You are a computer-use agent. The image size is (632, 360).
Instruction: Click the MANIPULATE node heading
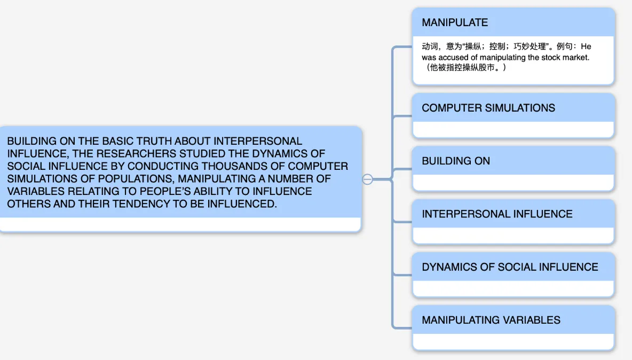point(455,22)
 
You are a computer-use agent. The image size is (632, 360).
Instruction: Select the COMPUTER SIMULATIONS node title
point(488,108)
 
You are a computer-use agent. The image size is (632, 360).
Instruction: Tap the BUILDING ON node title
point(456,161)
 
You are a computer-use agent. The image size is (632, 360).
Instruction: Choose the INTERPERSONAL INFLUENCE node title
point(497,214)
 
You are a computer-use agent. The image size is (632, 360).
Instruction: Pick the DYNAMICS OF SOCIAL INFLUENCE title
point(510,267)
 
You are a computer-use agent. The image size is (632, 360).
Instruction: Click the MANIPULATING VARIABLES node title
point(491,320)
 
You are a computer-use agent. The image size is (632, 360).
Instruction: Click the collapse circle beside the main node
point(367,179)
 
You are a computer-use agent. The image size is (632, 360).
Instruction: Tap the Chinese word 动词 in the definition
point(430,46)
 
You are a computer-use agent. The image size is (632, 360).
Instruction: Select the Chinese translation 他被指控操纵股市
point(462,67)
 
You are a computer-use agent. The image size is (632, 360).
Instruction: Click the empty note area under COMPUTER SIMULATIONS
point(513,129)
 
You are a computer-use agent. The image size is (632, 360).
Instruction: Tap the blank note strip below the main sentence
point(180,224)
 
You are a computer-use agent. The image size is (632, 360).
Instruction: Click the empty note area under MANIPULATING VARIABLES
point(513,341)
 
